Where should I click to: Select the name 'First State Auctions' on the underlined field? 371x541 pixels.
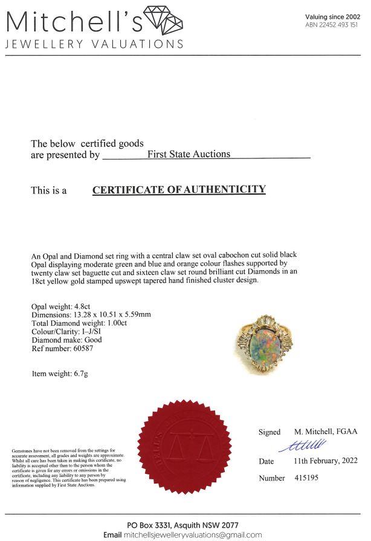[x=189, y=154]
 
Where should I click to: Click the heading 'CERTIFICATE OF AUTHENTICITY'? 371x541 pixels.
[x=179, y=189]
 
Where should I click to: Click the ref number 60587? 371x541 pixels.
[x=87, y=348]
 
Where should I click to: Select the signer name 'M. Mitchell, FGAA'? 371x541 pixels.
[x=326, y=432]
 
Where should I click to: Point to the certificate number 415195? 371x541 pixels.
[x=308, y=478]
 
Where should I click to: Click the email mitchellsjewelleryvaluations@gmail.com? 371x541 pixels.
[x=193, y=534]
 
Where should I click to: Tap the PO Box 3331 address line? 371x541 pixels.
[x=185, y=524]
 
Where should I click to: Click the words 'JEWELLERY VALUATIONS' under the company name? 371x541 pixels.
[x=94, y=44]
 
